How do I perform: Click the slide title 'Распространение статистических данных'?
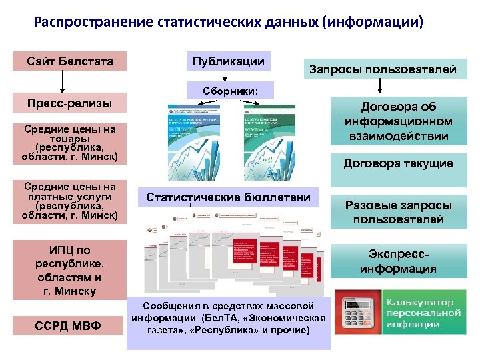click(228, 23)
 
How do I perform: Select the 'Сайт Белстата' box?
click(70, 62)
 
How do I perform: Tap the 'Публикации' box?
click(228, 61)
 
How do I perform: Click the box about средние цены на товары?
click(70, 143)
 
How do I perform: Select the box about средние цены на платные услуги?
click(70, 201)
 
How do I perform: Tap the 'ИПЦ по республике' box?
click(70, 271)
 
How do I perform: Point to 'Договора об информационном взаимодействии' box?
click(398, 121)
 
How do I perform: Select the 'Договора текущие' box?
click(398, 163)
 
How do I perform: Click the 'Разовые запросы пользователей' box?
click(398, 212)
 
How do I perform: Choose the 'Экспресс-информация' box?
click(398, 261)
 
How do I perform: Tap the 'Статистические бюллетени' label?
click(229, 197)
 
